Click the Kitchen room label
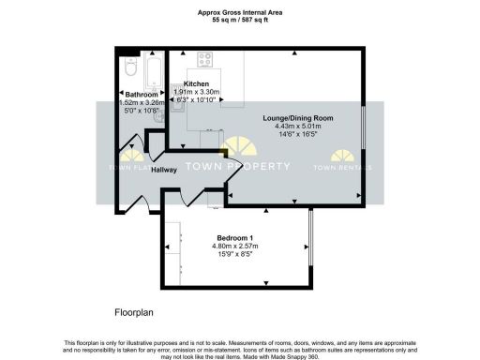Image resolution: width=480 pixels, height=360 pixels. (196, 84)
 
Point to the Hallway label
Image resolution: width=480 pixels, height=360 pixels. (138, 170)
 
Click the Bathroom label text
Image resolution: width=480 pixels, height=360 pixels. (141, 94)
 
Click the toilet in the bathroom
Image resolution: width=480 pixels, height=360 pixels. (131, 67)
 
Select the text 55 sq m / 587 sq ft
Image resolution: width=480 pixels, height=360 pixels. (239, 20)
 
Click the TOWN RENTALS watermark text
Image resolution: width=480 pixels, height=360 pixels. (341, 168)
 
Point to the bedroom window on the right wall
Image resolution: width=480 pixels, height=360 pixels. (310, 243)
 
